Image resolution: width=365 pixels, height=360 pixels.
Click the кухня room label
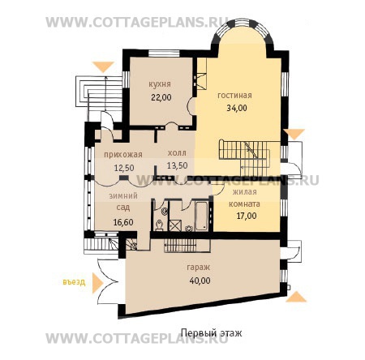click(x=160, y=84)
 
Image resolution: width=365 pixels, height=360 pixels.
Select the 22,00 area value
click(x=161, y=97)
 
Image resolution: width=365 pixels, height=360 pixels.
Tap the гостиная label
click(x=234, y=96)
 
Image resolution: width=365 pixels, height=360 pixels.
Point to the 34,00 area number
click(x=237, y=108)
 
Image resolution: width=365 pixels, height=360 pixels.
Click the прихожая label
click(x=123, y=155)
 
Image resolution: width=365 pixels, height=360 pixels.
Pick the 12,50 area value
click(x=124, y=168)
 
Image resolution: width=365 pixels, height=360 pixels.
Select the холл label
click(x=177, y=153)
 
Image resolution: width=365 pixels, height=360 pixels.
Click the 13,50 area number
click(x=178, y=165)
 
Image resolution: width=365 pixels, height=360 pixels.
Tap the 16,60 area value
click(x=123, y=222)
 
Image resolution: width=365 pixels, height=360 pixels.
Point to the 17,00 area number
click(x=247, y=216)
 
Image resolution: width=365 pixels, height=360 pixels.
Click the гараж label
click(x=199, y=268)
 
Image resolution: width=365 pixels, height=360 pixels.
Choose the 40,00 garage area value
click(x=200, y=281)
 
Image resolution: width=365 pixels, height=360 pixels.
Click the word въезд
click(x=74, y=282)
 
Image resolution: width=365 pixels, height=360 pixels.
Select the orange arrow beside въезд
click(x=97, y=283)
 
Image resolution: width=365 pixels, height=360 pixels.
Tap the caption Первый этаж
click(x=211, y=333)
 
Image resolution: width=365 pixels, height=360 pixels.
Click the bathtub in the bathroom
click(x=201, y=216)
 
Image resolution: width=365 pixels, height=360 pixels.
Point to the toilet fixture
click(x=159, y=225)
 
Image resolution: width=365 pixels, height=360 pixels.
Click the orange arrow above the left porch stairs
click(x=103, y=66)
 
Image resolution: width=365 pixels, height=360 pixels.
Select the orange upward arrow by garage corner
click(x=296, y=297)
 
